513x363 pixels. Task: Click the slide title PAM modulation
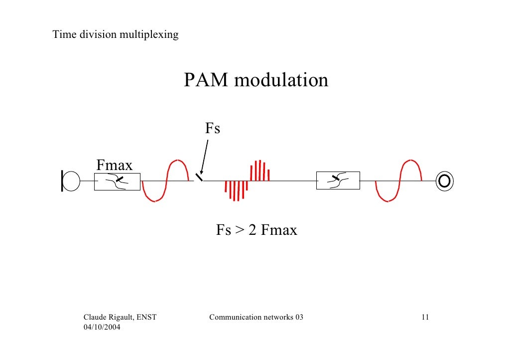pyautogui.click(x=256, y=80)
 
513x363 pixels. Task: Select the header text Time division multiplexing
pyautogui.click(x=116, y=35)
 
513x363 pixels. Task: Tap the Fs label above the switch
pyautogui.click(x=213, y=129)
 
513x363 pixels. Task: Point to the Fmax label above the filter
pyautogui.click(x=115, y=164)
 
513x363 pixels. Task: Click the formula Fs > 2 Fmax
pyautogui.click(x=256, y=230)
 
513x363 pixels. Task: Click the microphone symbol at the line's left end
pyautogui.click(x=70, y=181)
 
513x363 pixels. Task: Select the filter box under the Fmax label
pyautogui.click(x=117, y=181)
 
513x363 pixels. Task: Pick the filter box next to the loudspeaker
pyautogui.click(x=338, y=181)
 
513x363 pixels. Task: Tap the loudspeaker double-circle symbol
pyautogui.click(x=444, y=181)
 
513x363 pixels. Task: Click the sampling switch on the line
pyautogui.click(x=199, y=177)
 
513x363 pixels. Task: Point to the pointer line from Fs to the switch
pyautogui.click(x=204, y=155)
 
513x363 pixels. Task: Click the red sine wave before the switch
pyautogui.click(x=167, y=181)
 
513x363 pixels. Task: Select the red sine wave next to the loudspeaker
pyautogui.click(x=398, y=181)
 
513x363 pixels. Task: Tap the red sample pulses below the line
pyautogui.click(x=236, y=190)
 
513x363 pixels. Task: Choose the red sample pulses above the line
pyautogui.click(x=259, y=171)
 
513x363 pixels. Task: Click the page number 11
pyautogui.click(x=425, y=318)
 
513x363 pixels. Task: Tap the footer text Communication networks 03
pyautogui.click(x=256, y=318)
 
